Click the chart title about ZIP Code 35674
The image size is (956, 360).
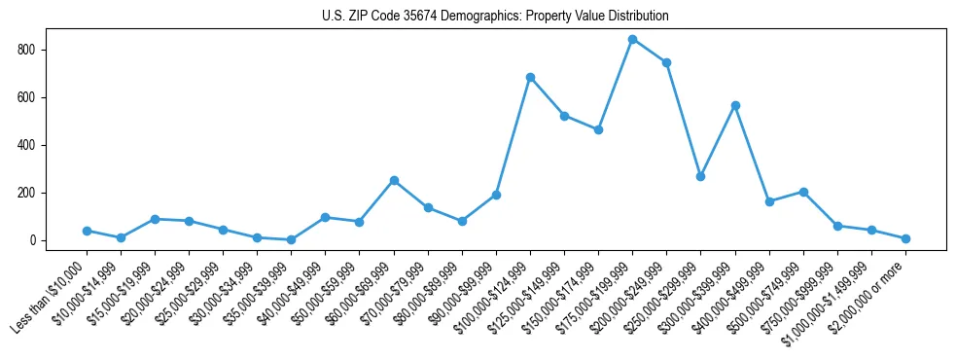495,17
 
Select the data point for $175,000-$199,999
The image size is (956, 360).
632,40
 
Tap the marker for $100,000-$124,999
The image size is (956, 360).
530,77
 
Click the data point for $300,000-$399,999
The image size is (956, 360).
735,105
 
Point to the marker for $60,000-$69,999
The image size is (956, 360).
394,180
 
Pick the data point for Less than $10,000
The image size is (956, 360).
87,231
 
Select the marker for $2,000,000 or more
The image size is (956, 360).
905,238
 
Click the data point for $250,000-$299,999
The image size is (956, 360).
700,176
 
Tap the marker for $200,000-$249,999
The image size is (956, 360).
666,62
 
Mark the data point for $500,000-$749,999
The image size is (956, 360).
803,192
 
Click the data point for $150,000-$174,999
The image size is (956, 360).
598,129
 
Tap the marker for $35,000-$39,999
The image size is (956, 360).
291,239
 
